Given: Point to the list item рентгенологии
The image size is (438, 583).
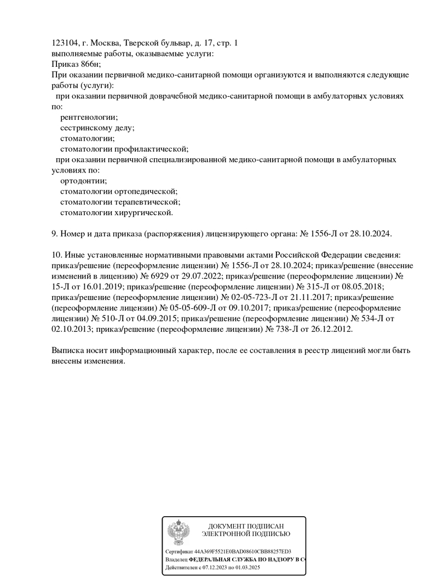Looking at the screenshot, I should click(89, 117).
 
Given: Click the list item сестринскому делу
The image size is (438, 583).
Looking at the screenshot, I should click(97, 128).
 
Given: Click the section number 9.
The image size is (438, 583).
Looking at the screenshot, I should click(54, 233).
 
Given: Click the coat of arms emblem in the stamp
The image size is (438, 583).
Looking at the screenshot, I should click(178, 532).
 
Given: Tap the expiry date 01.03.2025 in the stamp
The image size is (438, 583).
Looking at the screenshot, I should click(248, 568).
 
